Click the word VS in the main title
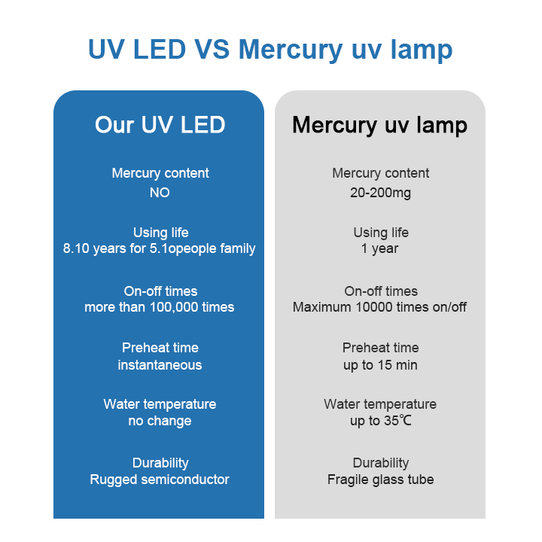coord(212,49)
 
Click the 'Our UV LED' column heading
coord(160,124)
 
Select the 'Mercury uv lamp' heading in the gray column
coord(379,125)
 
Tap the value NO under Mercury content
coord(160,193)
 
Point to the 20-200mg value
coord(380,193)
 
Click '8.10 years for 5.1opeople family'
coord(159,248)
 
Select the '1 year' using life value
coord(379,248)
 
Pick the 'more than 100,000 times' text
coord(160,307)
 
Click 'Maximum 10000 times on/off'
coord(379,307)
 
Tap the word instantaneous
coord(160,365)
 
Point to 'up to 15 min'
coord(380,365)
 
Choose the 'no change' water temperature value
coord(160,421)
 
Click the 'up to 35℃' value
coord(381,421)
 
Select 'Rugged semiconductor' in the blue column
coord(160,480)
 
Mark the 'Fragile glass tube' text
coord(380,480)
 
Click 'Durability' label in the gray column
coord(381,463)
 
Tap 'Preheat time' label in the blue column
coord(160,348)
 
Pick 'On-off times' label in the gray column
coord(381,291)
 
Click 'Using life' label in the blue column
coord(161,233)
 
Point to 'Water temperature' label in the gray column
coord(380,404)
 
